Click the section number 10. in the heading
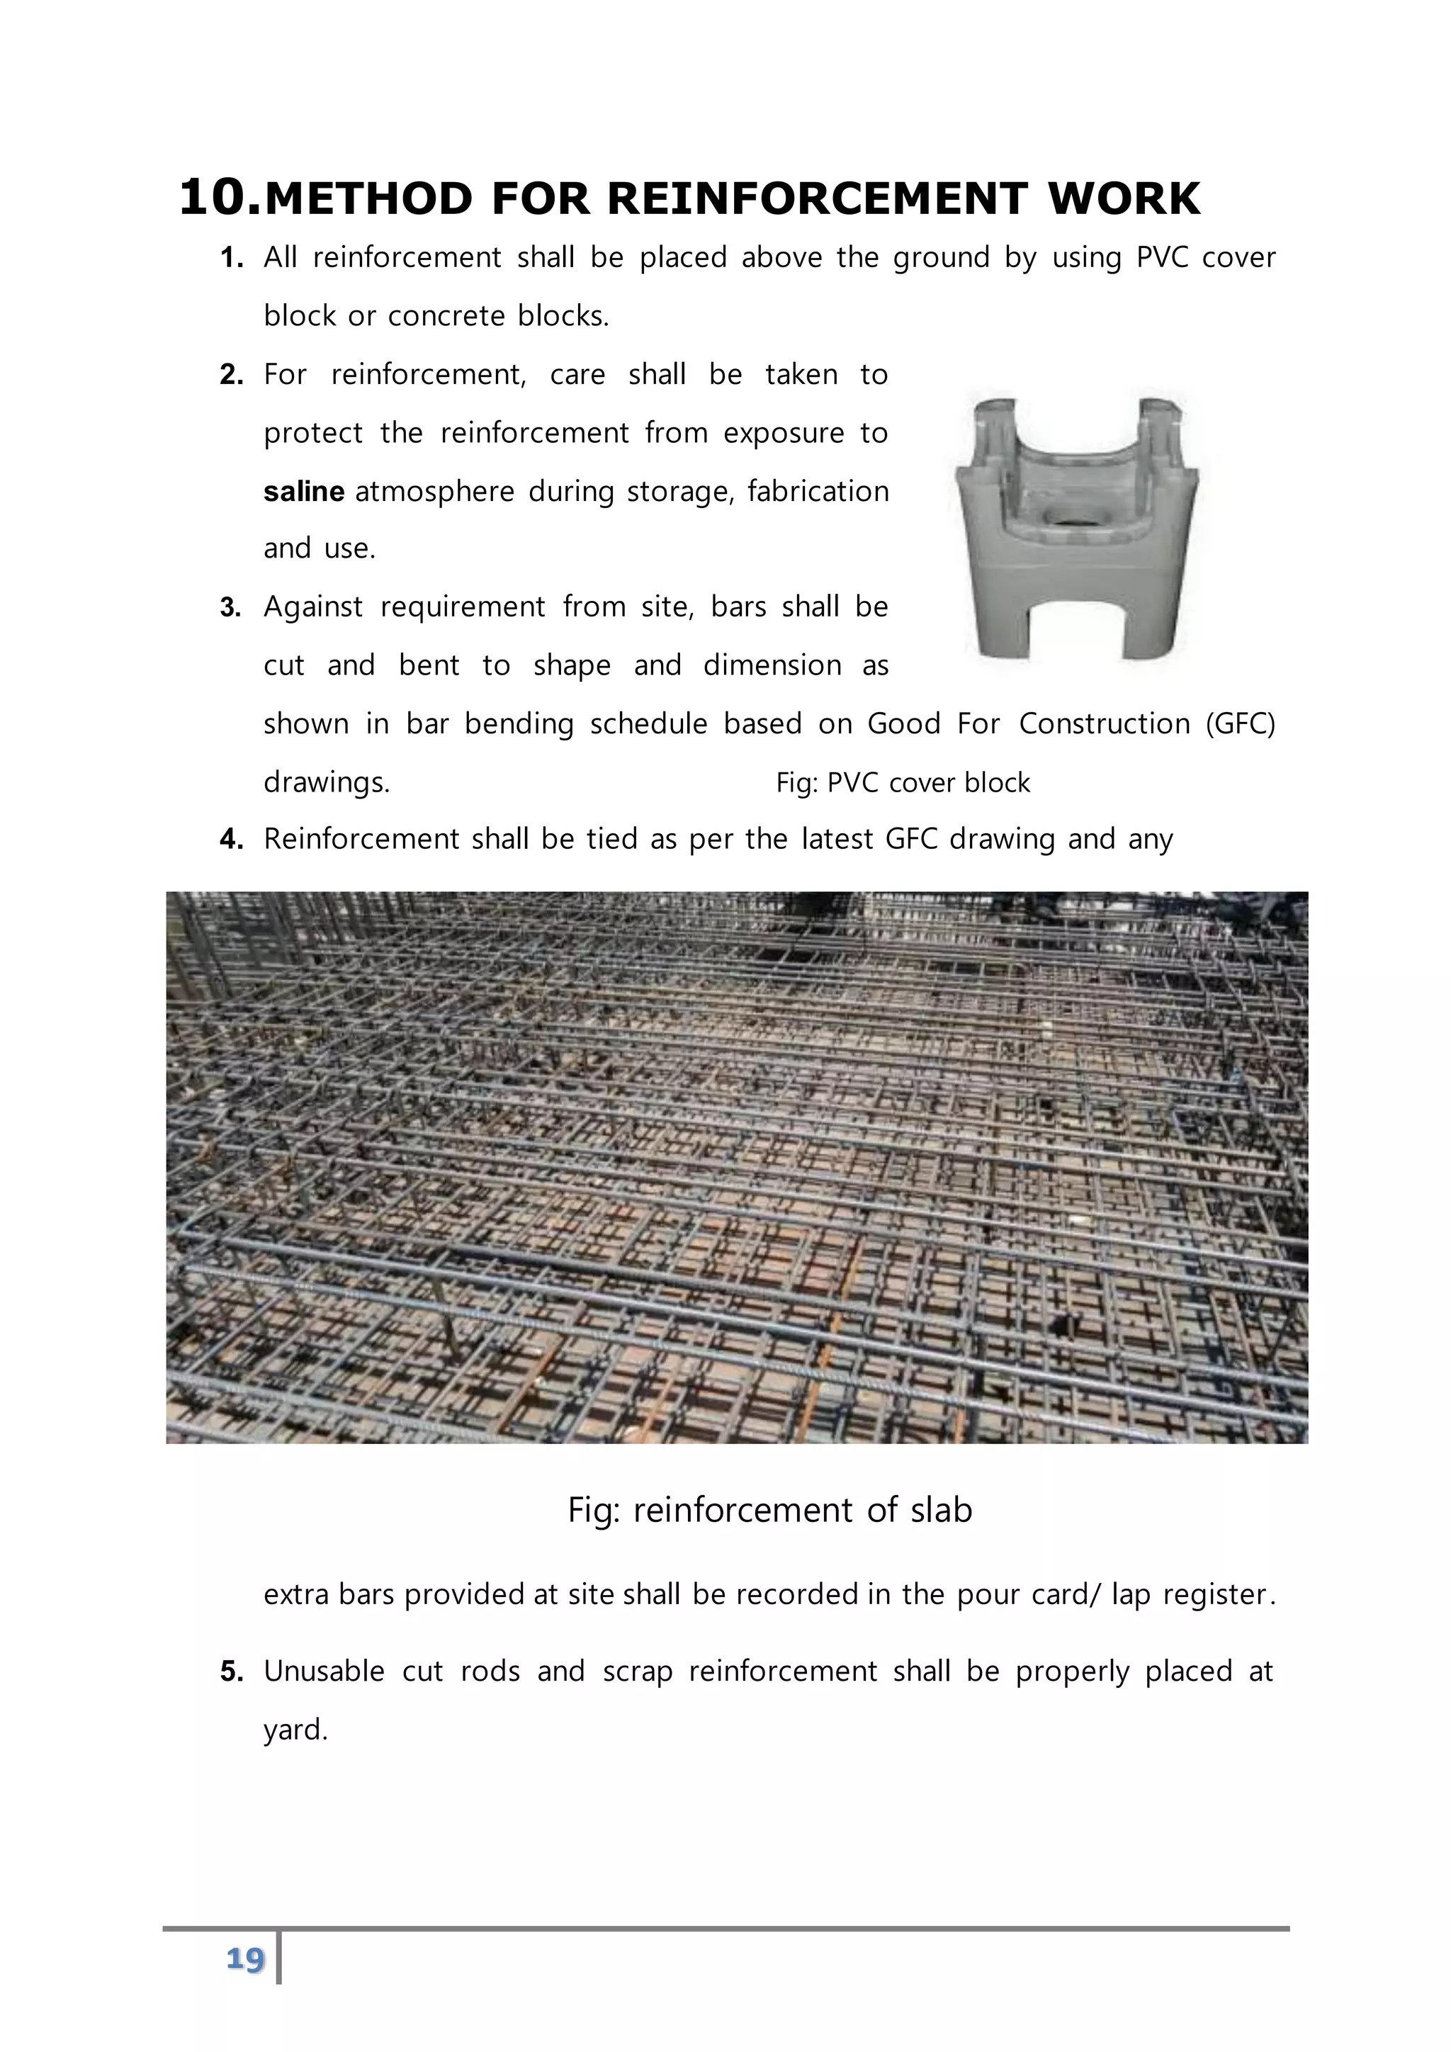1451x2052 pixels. click(219, 198)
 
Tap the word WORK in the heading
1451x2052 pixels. click(1123, 199)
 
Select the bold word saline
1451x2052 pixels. click(304, 492)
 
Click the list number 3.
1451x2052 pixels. click(230, 608)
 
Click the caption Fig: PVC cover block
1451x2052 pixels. click(903, 783)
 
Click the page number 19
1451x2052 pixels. click(245, 1959)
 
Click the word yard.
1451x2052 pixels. click(295, 1730)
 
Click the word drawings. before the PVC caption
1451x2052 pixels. click(326, 783)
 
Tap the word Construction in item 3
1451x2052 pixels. click(1105, 723)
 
